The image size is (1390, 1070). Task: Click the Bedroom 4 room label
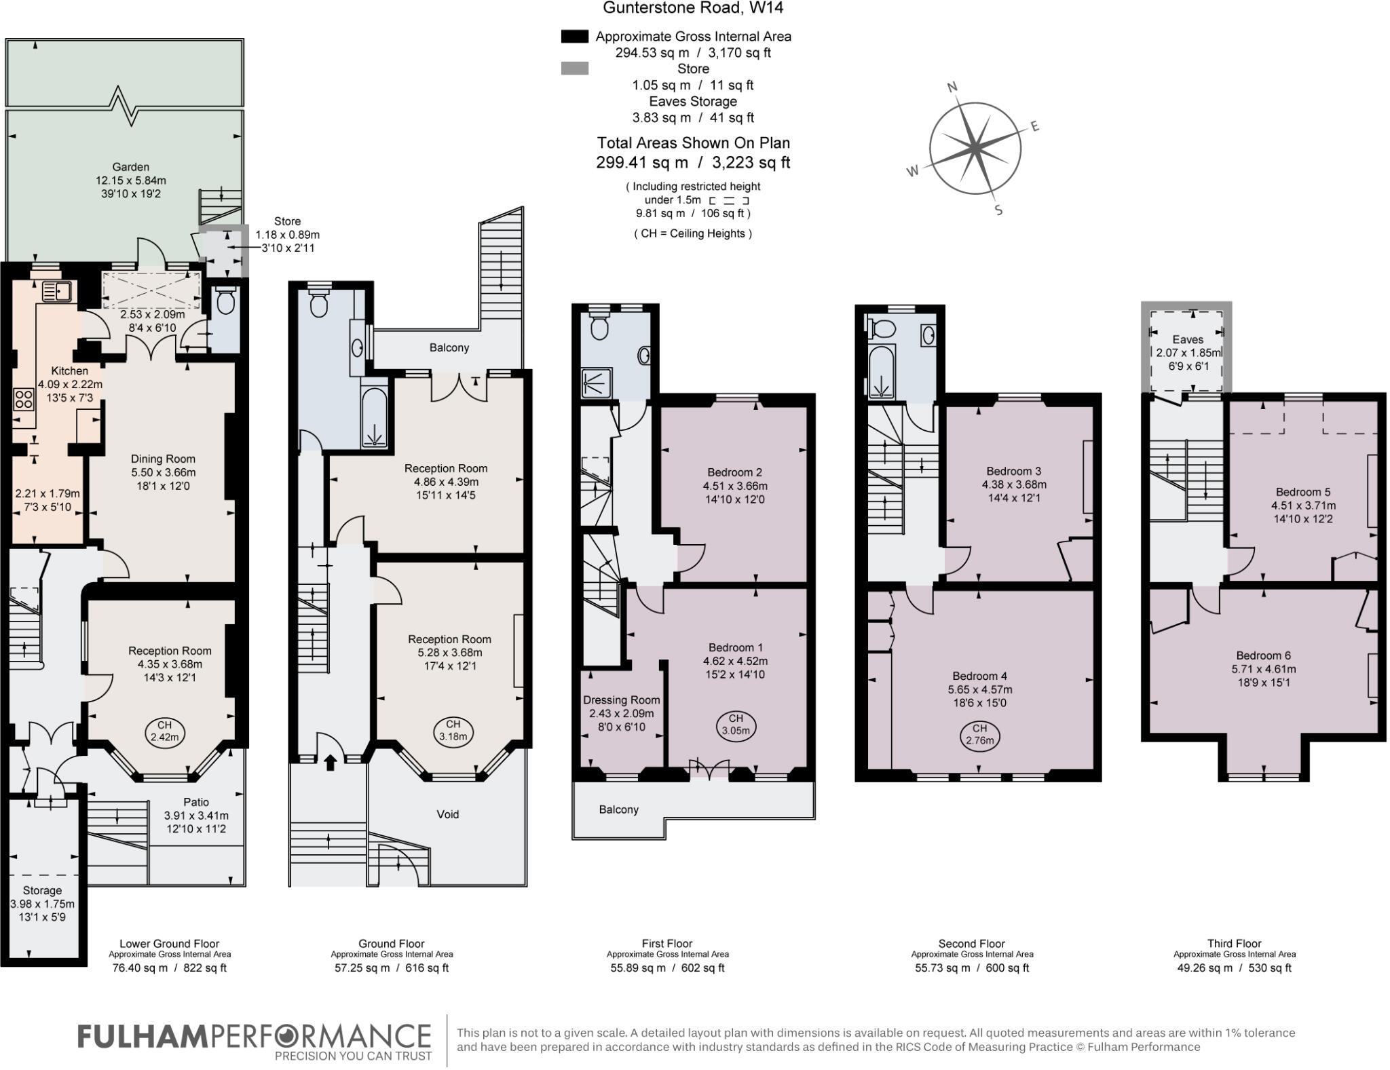pos(979,676)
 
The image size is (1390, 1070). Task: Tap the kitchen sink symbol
pos(58,291)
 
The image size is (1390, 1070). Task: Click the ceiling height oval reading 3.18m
pos(453,731)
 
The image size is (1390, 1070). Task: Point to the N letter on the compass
pos(952,87)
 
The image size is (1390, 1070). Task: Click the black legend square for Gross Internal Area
pos(574,37)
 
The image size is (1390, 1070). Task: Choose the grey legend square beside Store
pos(574,69)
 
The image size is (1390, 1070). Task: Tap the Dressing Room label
pos(621,700)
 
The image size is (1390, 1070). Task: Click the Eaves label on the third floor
pos(1187,339)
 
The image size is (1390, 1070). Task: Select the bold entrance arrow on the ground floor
pos(331,763)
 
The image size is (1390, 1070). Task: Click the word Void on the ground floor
pos(447,814)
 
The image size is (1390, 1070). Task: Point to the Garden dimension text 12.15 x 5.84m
pos(131,180)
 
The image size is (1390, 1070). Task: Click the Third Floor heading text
pos(1234,943)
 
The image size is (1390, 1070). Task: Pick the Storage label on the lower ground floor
pos(42,890)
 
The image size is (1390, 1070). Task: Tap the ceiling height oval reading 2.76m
pos(979,735)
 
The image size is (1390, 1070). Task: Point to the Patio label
pos(196,802)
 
